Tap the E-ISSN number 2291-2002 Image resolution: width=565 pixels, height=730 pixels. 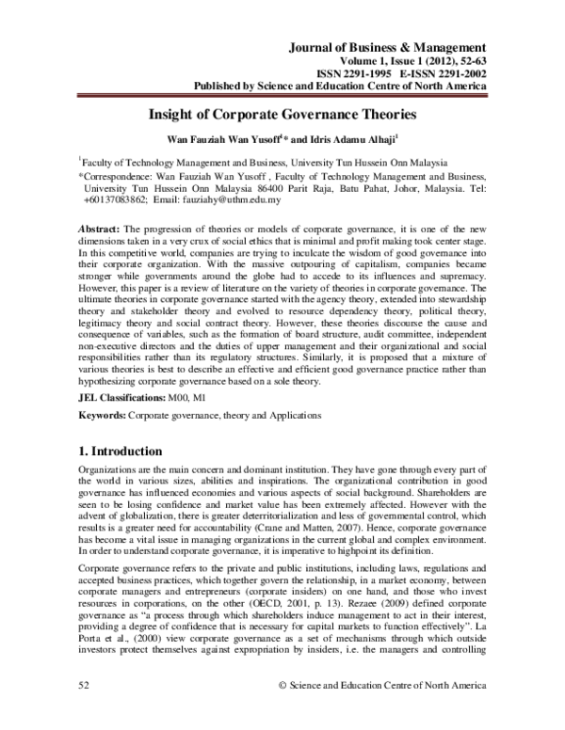(x=455, y=75)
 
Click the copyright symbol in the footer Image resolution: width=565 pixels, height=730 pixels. (x=283, y=714)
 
